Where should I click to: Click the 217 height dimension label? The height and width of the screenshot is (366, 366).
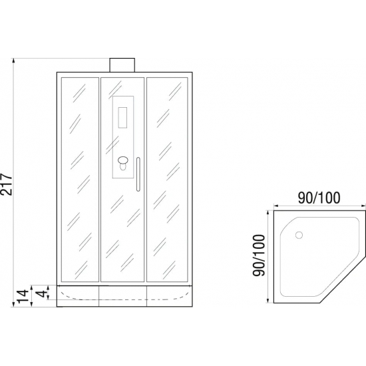pos(7,184)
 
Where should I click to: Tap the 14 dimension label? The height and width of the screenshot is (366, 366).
pos(23,298)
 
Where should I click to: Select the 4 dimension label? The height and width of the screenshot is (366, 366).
pos(42,293)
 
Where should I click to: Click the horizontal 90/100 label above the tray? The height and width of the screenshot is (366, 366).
pos(319,198)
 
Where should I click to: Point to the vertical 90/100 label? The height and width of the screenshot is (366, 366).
pos(259,255)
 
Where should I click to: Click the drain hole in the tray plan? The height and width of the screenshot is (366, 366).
pos(299,235)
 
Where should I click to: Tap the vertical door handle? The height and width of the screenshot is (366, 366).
pos(138,174)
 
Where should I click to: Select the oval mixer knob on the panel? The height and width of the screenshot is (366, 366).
pos(123,160)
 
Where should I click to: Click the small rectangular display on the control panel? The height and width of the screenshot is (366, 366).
pos(122,117)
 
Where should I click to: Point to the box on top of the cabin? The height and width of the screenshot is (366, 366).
pos(122,65)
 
